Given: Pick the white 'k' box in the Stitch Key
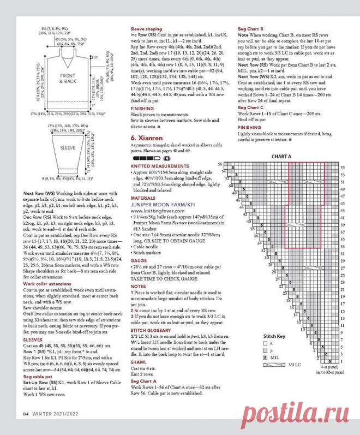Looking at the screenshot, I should pos(266,344).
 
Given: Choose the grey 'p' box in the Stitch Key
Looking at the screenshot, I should pos(266,351).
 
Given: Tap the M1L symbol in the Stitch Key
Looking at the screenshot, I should pos(266,357).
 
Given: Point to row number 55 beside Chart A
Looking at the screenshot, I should pos(343,168).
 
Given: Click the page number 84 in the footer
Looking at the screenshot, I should pos(25,414).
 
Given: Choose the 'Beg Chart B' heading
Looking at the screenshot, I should pos(251,27).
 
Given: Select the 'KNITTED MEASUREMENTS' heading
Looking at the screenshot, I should pos(157,163).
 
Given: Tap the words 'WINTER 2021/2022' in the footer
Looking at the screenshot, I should pos(55,414).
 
